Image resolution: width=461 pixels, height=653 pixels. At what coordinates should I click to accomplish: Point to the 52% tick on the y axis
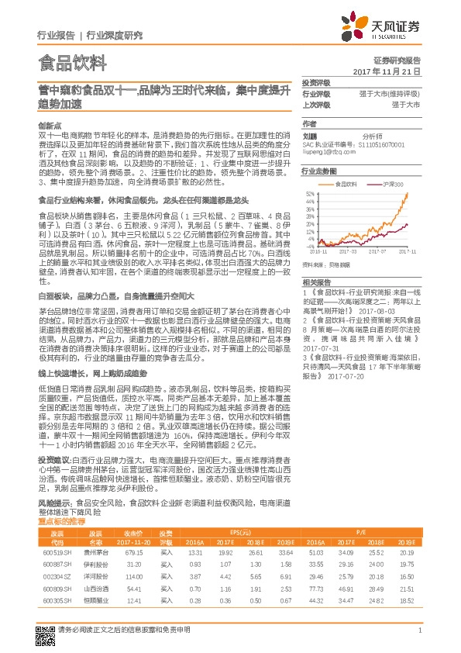click(310, 193)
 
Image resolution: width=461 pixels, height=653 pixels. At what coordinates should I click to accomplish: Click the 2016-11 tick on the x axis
click(320, 251)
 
